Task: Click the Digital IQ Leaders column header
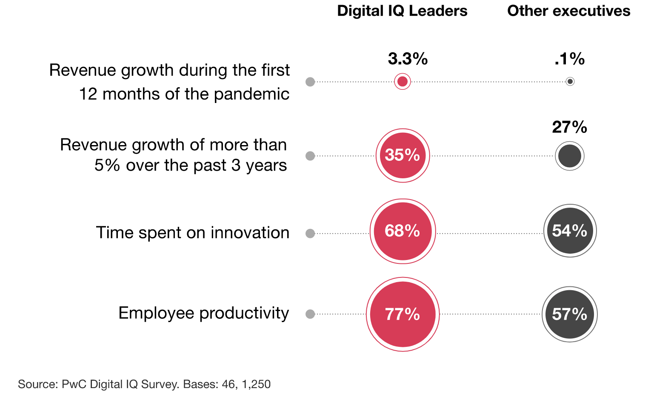click(x=402, y=11)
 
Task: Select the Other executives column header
click(x=568, y=11)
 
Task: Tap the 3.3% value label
click(x=408, y=59)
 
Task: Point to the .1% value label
click(x=569, y=59)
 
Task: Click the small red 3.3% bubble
click(x=403, y=81)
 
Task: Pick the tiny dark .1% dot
click(x=570, y=81)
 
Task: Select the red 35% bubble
click(x=403, y=155)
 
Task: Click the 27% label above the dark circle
click(x=569, y=127)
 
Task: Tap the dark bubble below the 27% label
click(x=570, y=156)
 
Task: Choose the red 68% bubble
click(x=403, y=231)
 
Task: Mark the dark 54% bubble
click(x=570, y=231)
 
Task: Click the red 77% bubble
click(x=403, y=314)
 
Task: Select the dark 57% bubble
click(x=570, y=314)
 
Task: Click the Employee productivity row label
click(x=203, y=313)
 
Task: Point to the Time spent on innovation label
click(x=192, y=233)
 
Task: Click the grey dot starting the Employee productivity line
click(x=310, y=314)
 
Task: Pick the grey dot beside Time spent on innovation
click(x=310, y=233)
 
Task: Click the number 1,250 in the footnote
click(x=256, y=384)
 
